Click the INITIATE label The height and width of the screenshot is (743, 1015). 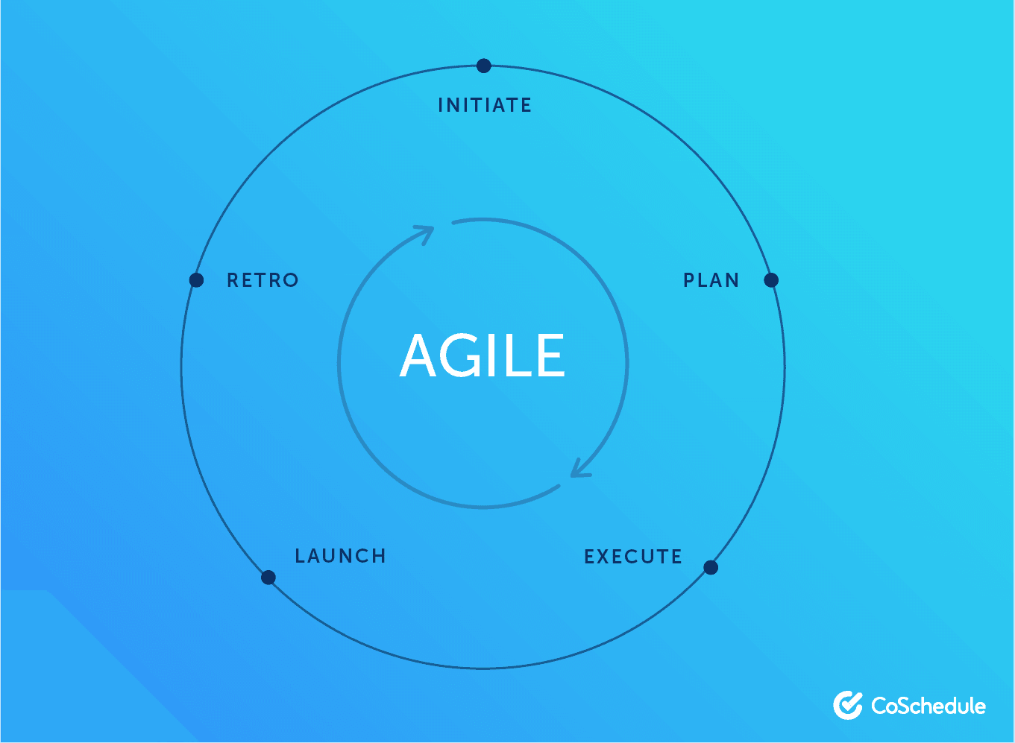click(485, 105)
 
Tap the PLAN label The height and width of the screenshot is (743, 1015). click(711, 280)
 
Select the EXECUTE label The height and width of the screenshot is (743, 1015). click(632, 557)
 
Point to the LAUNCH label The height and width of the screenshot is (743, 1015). click(340, 556)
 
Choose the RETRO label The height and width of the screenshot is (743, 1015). click(263, 280)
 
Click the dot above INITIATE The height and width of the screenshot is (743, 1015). click(483, 66)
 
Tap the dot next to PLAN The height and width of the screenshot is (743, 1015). click(771, 280)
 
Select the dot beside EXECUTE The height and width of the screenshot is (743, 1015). click(711, 567)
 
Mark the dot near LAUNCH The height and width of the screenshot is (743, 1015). click(268, 578)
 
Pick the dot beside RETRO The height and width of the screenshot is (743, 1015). click(196, 280)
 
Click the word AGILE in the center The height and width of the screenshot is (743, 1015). click(482, 355)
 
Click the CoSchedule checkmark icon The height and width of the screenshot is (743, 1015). click(848, 705)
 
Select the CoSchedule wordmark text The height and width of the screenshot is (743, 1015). click(928, 706)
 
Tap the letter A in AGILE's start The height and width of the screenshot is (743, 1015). click(418, 355)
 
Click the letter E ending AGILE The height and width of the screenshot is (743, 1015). click(553, 355)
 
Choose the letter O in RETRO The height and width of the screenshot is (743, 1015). click(290, 280)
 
